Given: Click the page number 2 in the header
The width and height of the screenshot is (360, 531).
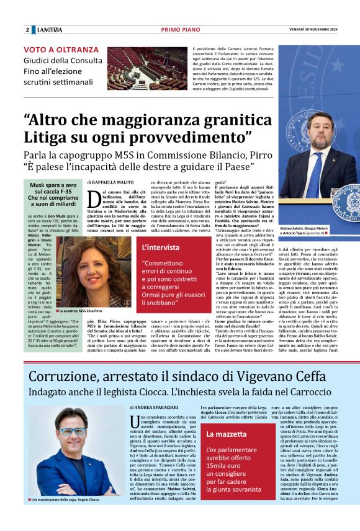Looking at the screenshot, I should [27, 30].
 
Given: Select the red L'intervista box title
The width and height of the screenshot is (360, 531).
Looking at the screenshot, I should [161, 247].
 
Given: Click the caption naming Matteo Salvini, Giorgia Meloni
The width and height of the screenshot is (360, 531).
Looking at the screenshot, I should [316, 229].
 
